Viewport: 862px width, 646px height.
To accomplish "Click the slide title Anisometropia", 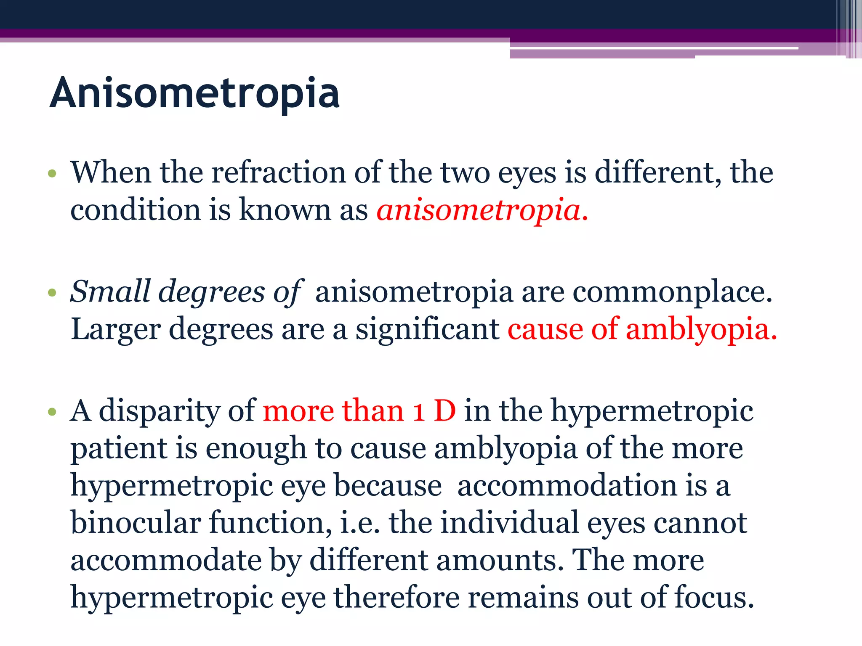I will (x=194, y=93).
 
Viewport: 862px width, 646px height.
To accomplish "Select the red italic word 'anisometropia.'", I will (x=482, y=210).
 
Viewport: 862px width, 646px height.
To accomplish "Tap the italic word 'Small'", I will (x=110, y=291).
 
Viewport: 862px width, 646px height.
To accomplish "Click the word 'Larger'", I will (x=116, y=329).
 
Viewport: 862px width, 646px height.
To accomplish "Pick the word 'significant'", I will (x=428, y=329).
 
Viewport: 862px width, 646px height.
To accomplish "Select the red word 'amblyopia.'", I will (x=701, y=329).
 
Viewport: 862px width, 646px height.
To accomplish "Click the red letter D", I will (x=445, y=411).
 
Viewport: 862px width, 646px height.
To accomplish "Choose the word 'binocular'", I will (x=136, y=523).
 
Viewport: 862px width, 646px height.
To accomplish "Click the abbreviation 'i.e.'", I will (x=360, y=523).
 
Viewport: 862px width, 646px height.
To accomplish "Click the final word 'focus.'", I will (x=714, y=598).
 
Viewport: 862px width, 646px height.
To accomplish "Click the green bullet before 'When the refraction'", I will (x=52, y=173).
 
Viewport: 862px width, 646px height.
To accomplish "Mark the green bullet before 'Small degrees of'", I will (x=52, y=292).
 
